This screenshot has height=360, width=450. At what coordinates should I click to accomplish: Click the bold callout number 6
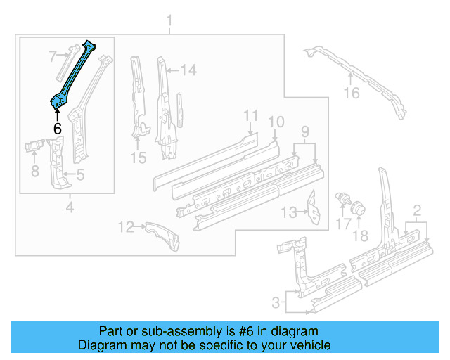tap(57, 129)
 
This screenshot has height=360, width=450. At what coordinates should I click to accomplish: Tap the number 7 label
tap(52, 56)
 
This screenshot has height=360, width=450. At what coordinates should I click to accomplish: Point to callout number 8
tap(34, 170)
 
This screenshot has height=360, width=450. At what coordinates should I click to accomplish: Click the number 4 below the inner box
tap(69, 207)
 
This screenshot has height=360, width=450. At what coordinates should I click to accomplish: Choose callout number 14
tap(188, 70)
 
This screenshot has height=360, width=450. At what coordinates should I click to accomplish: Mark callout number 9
tap(304, 131)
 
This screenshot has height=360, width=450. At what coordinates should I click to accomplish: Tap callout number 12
tap(126, 226)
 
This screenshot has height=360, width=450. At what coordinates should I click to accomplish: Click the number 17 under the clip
tap(342, 224)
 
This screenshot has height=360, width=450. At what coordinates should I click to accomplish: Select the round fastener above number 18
tap(357, 208)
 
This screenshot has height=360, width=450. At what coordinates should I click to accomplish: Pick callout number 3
tap(278, 303)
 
